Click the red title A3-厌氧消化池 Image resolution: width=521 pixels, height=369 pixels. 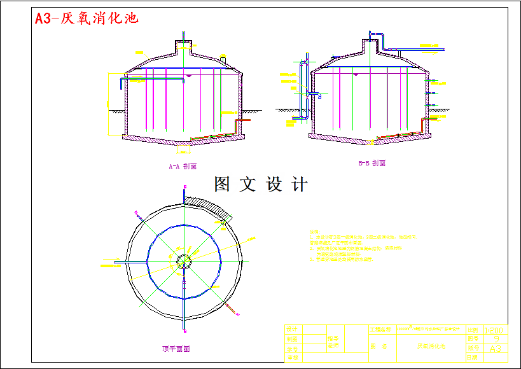point(87,18)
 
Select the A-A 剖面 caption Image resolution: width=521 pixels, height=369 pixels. point(183,167)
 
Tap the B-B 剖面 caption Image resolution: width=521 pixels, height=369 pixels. point(372,164)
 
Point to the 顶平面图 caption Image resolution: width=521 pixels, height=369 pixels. point(176,349)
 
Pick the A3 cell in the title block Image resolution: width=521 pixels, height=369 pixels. point(496,349)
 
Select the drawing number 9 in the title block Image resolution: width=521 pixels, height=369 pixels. point(496,339)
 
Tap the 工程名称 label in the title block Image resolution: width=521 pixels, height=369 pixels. point(380,330)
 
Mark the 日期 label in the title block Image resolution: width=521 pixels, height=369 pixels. point(472,358)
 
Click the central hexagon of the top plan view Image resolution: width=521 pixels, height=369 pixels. point(184,261)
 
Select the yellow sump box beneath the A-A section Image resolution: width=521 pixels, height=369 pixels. point(183,150)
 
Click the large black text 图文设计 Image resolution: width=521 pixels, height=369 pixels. point(261,185)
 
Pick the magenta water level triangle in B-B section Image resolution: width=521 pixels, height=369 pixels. point(355,75)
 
